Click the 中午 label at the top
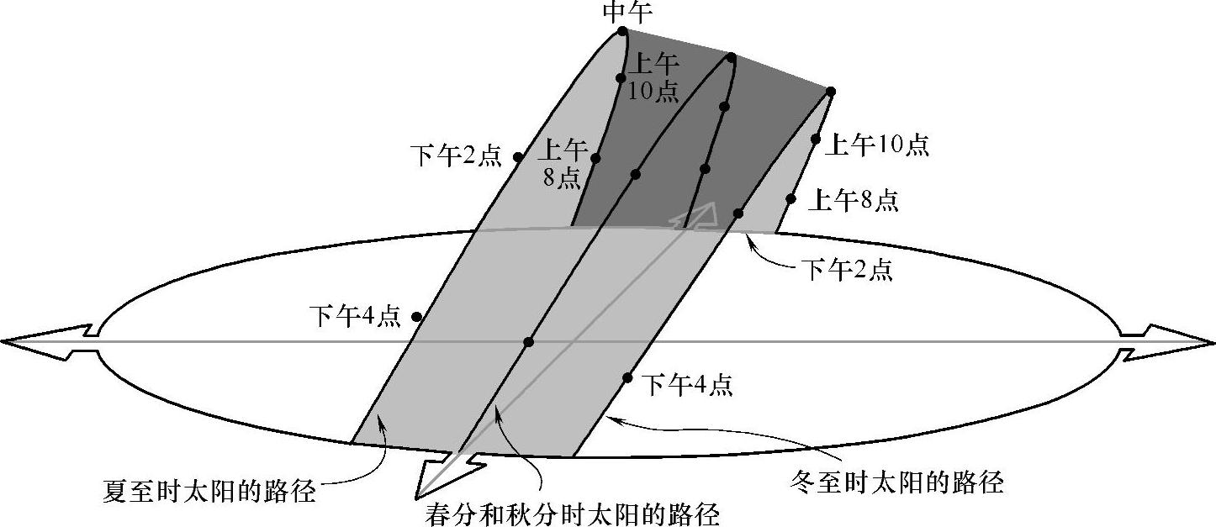pos(622,12)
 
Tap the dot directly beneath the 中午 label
pos(622,32)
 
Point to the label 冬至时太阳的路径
pos(897,482)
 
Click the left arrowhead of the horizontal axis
pos(46,341)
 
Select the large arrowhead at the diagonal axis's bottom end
pos(441,475)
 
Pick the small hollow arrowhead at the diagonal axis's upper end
pos(696,216)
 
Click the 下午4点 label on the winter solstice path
pos(687,385)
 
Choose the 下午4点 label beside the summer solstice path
pos(355,317)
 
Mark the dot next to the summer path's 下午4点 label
pos(416,317)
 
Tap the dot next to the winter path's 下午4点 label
pos(627,377)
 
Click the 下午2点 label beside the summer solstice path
pos(456,156)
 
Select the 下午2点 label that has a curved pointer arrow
pos(845,271)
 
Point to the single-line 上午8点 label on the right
pos(853,201)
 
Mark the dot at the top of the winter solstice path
pos(830,91)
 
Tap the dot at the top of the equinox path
pos(732,58)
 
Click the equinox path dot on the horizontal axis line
pos(528,341)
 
